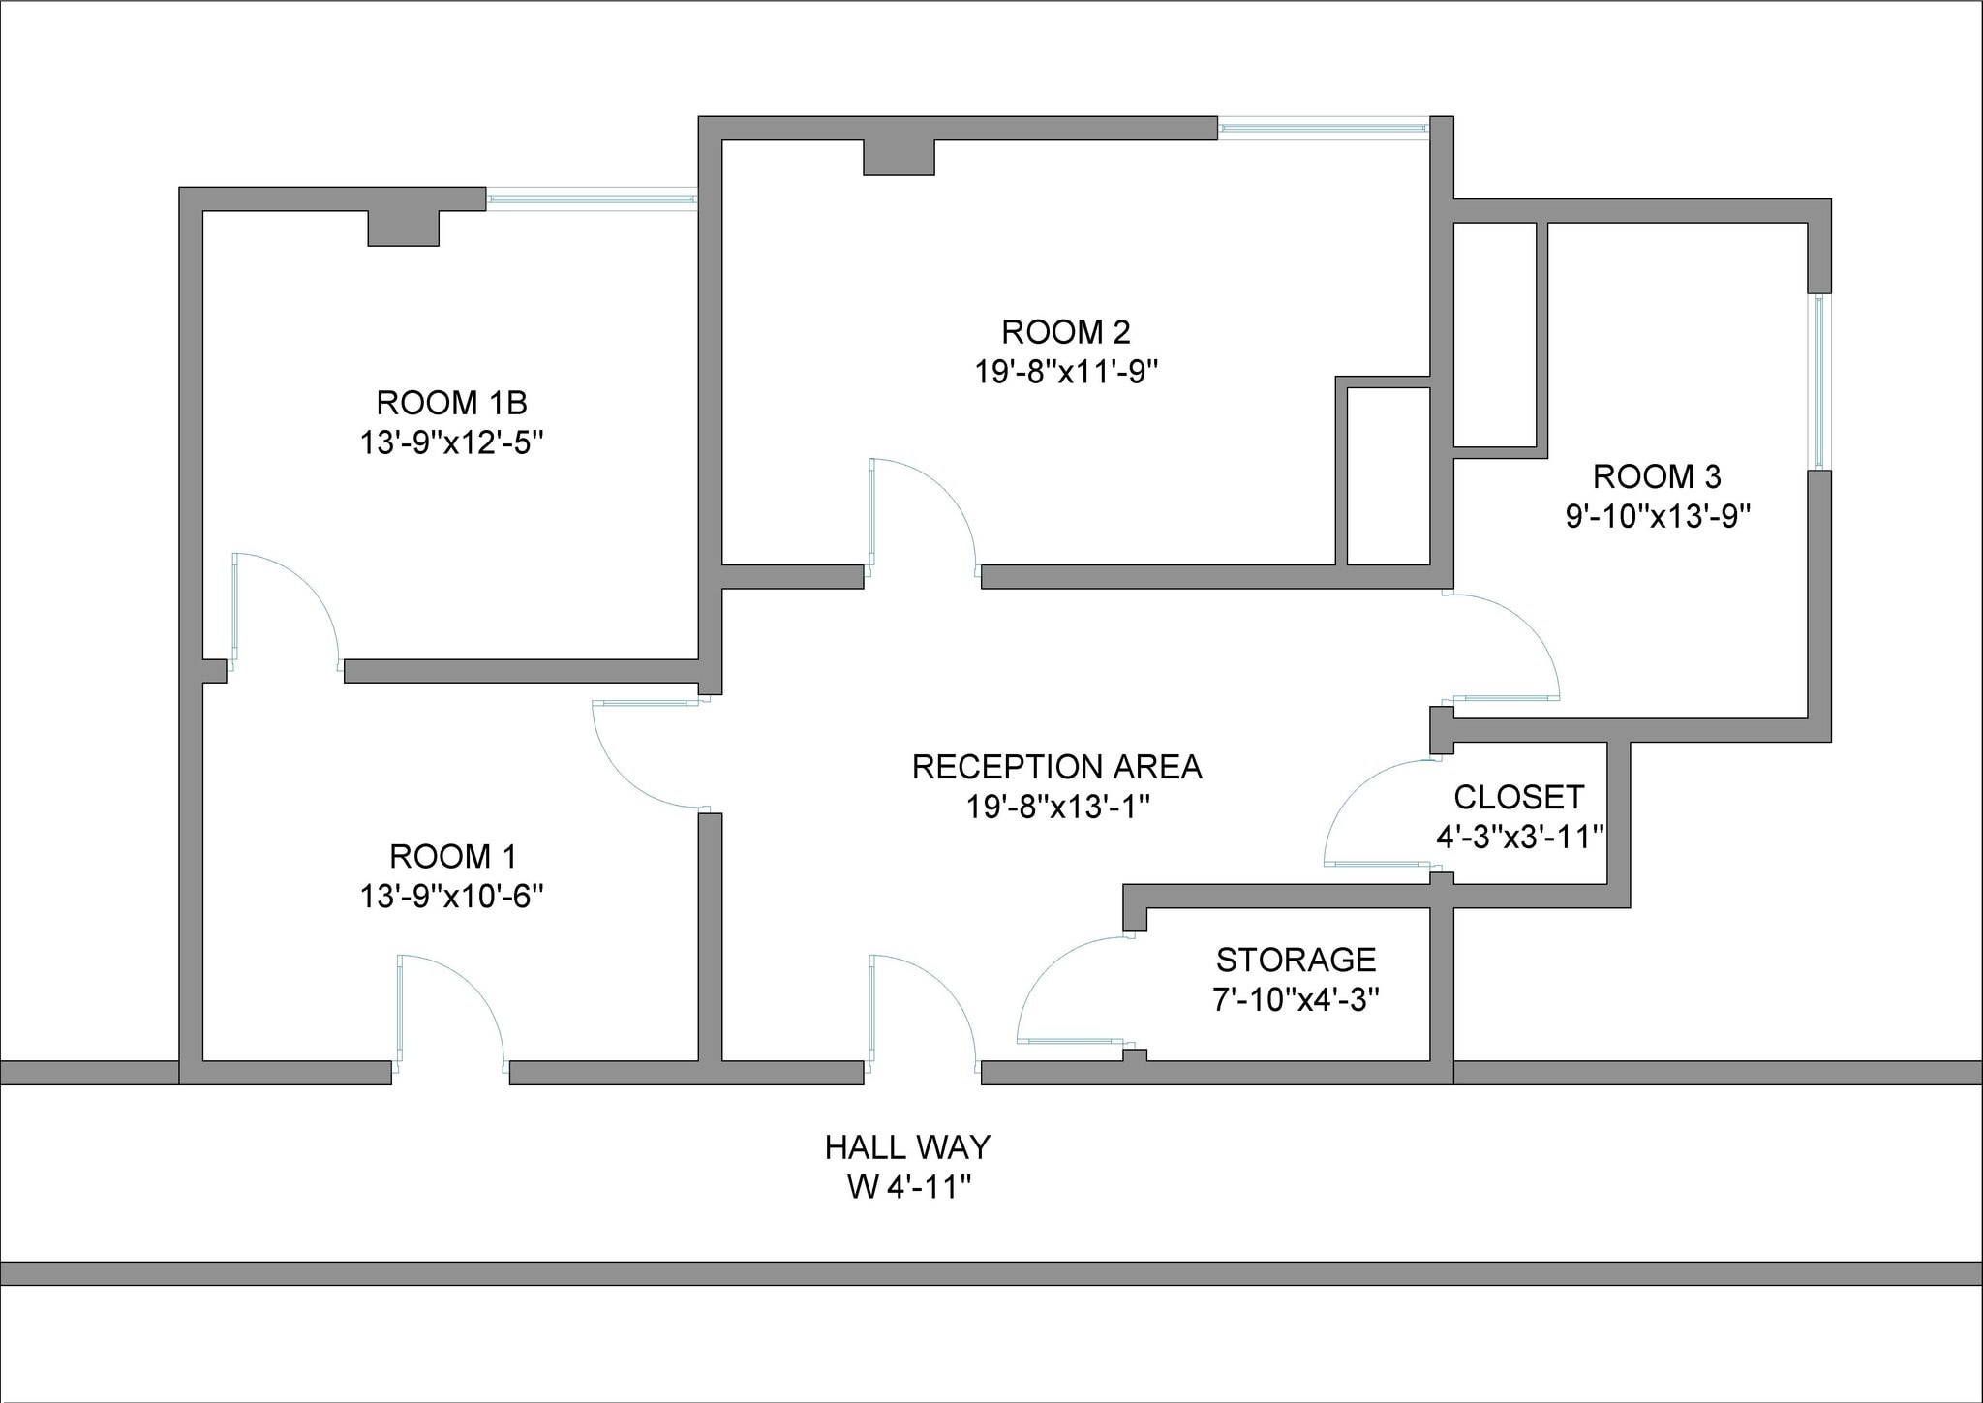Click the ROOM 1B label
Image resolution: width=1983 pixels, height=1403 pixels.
tap(451, 403)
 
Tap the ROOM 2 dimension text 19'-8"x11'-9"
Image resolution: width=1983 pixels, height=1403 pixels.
tap(1066, 372)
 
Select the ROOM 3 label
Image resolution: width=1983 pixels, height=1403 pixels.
tap(1657, 476)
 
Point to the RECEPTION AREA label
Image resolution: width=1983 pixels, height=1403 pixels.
tap(1056, 767)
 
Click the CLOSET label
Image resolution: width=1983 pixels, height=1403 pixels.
tap(1518, 798)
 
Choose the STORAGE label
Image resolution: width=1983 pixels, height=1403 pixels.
tap(1296, 960)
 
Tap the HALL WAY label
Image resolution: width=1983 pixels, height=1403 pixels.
tap(907, 1147)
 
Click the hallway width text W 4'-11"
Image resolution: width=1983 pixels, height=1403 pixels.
tap(908, 1187)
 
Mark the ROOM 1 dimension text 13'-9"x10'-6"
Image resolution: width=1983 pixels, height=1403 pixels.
tap(451, 897)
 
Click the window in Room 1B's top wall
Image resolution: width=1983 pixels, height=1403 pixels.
tap(591, 199)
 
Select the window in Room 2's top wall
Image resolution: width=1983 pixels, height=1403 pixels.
tap(1323, 128)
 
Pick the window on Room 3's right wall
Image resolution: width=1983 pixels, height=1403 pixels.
tap(1819, 381)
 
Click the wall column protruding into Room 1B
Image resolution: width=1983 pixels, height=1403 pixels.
tap(403, 229)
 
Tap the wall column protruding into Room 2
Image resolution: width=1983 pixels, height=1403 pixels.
tap(899, 158)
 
